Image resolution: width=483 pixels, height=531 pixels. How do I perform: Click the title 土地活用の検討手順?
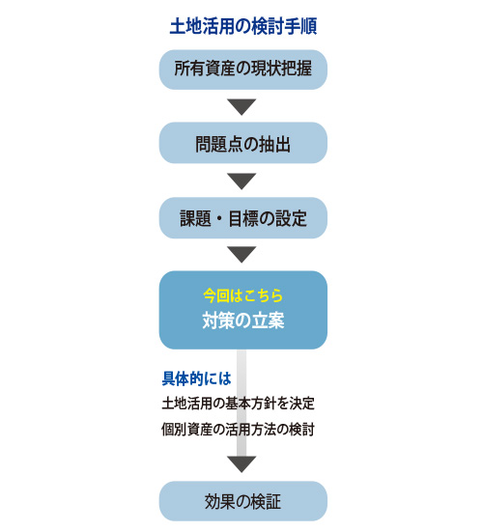tap(243, 26)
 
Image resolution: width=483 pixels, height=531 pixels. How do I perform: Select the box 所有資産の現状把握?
tap(243, 70)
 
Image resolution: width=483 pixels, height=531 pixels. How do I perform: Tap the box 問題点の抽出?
tap(243, 143)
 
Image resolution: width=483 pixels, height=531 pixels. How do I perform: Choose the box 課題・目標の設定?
tap(243, 218)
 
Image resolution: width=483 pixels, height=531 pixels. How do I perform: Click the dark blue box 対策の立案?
tap(243, 310)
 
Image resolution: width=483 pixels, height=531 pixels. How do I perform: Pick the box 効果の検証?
tap(243, 501)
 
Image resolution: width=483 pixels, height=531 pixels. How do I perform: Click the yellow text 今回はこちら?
tap(243, 295)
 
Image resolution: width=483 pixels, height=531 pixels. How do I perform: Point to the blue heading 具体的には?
tap(197, 378)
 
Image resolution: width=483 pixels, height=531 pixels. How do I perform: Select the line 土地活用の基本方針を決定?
tap(238, 404)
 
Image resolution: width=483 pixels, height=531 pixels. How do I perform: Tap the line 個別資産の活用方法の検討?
tap(238, 430)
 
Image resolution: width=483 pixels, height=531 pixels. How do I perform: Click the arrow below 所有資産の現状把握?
tap(241, 107)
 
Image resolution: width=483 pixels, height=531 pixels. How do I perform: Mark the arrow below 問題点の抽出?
tap(241, 182)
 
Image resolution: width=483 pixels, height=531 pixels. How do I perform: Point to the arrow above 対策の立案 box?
tap(241, 255)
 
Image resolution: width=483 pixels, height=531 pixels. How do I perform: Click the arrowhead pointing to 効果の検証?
tap(241, 464)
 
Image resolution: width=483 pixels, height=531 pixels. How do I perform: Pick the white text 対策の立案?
tap(243, 320)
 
